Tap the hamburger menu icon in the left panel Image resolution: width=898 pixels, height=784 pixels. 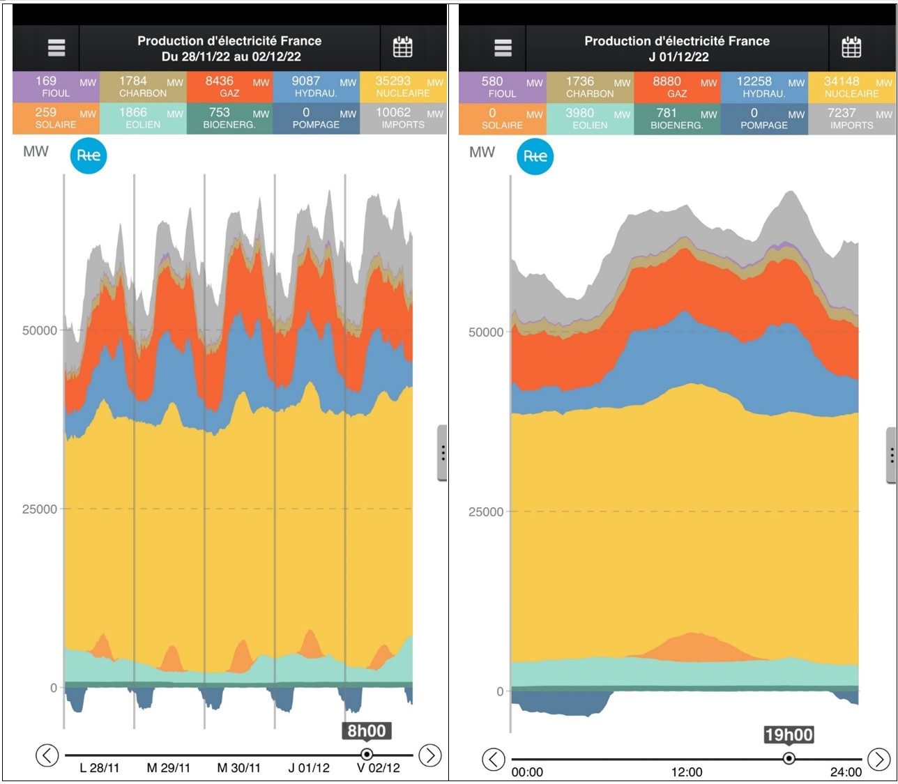point(56,47)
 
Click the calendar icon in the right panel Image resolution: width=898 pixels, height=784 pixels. point(851,47)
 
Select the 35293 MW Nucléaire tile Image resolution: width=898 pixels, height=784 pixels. point(403,86)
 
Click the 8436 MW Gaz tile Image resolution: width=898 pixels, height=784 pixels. point(229,86)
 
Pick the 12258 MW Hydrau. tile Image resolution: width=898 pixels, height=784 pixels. point(763,87)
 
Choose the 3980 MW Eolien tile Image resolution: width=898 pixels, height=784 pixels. point(590,118)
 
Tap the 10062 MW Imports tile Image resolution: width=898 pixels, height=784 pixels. point(403,118)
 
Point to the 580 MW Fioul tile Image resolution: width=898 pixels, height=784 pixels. point(502,87)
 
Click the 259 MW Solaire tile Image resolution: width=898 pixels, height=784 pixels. point(56,118)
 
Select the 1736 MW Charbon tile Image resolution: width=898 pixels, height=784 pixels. point(590,87)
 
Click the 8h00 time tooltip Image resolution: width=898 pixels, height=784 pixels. point(367,730)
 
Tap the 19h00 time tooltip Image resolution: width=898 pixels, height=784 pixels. point(789,735)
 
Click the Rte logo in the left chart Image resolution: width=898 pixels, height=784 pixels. point(89,155)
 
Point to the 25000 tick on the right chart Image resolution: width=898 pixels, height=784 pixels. point(485,512)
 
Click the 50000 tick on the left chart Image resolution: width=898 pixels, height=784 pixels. point(40,330)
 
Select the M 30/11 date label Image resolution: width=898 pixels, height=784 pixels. point(238,768)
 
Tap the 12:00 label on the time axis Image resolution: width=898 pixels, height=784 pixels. point(687,772)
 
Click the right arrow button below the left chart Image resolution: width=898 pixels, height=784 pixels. point(429,755)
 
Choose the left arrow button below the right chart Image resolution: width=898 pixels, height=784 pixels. point(494,759)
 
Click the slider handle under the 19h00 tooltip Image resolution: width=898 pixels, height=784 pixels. point(789,758)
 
